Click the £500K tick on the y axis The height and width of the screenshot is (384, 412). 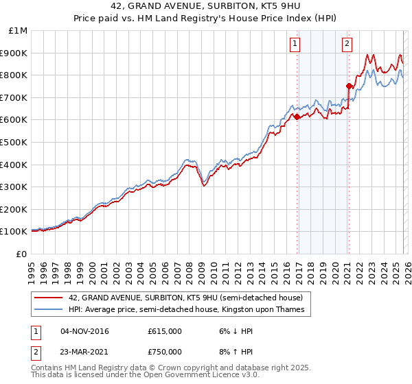pyautogui.click(x=14, y=142)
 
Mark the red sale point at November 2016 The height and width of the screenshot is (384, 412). pyautogui.click(x=297, y=117)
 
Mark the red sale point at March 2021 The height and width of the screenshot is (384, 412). pyautogui.click(x=349, y=86)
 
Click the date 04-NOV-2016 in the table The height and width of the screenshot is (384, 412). pyautogui.click(x=84, y=331)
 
